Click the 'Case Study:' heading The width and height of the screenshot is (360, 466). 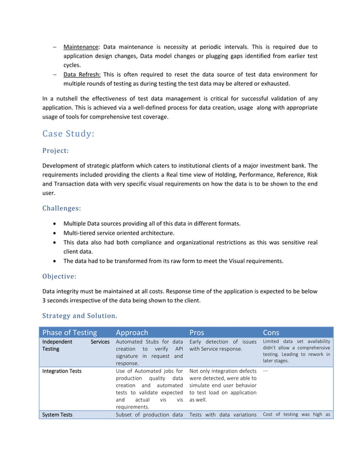point(68,134)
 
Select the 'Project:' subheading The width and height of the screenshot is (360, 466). point(56,151)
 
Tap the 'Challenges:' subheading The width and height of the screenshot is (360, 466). point(62,208)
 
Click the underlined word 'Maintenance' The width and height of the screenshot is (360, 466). point(81,47)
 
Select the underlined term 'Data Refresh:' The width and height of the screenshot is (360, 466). point(82,74)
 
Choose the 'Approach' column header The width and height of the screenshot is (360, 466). point(132,332)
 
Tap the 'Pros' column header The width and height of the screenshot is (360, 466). point(197,332)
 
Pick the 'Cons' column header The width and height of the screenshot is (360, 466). point(271,332)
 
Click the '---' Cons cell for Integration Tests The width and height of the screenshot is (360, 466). point(266,371)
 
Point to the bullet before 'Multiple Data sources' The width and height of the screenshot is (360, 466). point(54,224)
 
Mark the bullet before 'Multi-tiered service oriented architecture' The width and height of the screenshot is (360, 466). point(54,233)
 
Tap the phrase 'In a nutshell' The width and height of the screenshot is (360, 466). point(60,98)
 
